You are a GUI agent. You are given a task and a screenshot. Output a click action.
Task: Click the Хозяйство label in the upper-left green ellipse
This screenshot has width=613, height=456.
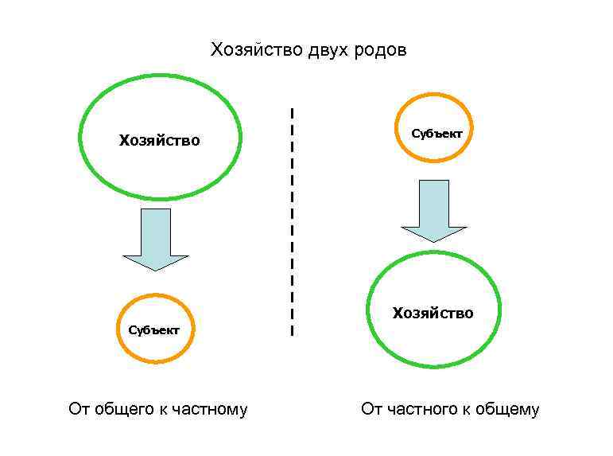click(159, 141)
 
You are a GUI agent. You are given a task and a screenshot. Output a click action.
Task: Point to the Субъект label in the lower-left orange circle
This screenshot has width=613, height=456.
click(154, 329)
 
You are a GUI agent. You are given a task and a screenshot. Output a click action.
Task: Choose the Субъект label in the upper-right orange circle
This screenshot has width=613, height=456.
click(436, 133)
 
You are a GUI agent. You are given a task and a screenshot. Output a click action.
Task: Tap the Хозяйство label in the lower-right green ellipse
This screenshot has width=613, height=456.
click(433, 313)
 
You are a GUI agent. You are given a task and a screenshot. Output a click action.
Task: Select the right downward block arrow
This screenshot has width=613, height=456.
click(433, 209)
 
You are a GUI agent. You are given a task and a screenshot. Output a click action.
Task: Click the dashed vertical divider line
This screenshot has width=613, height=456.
click(293, 223)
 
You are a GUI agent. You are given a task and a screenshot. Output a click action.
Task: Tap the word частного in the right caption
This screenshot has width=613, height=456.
click(420, 410)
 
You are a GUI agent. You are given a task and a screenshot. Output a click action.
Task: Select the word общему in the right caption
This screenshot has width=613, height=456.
click(507, 410)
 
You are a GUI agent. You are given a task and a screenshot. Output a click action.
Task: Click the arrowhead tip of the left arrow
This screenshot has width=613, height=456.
click(156, 269)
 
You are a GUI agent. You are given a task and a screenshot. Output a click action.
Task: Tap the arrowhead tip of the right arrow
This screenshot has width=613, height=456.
click(433, 240)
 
